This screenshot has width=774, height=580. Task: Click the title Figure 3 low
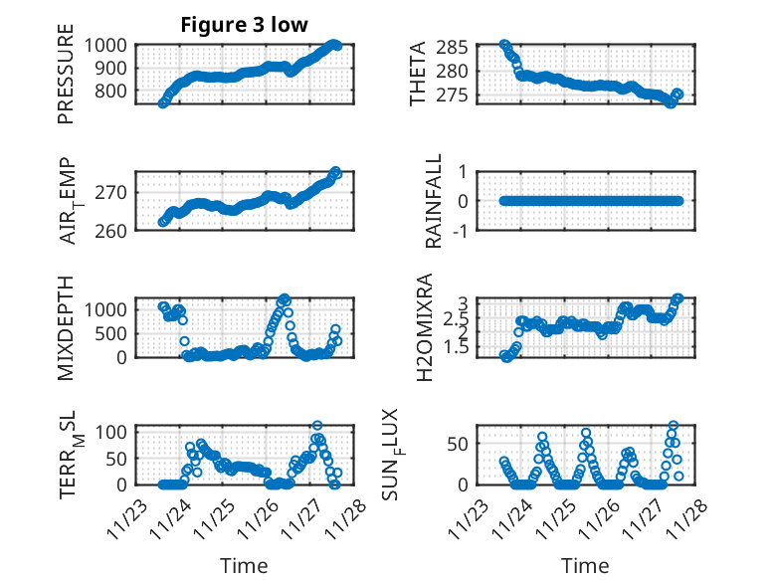pos(244,25)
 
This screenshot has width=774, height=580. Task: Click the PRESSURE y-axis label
pos(66,80)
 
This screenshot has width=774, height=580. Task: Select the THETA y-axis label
pos(419,74)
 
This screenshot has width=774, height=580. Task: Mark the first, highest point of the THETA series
pos(504,45)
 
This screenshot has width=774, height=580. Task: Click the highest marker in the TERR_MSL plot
pos(317,426)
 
